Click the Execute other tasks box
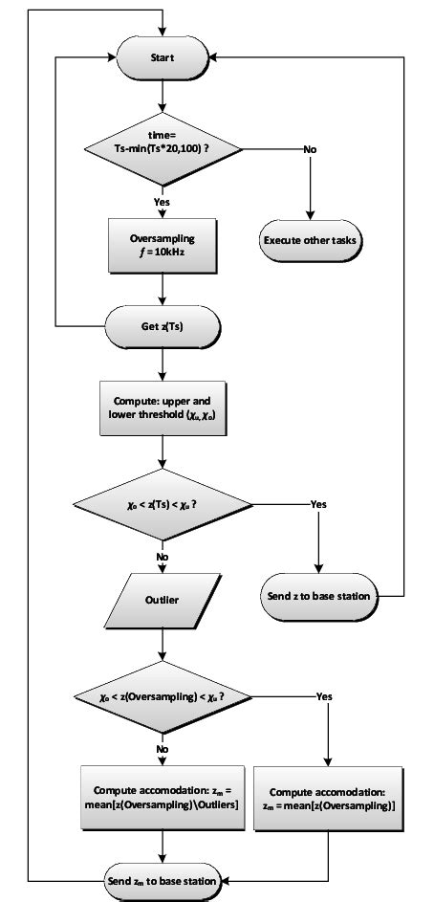[312, 239]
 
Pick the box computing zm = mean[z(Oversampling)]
[328, 800]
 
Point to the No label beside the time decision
[311, 149]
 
